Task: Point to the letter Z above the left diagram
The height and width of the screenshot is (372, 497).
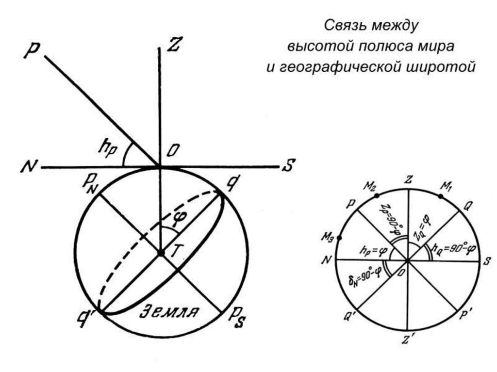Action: point(173,45)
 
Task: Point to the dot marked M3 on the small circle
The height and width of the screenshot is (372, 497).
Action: point(339,238)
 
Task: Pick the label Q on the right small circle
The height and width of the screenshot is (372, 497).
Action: point(467,206)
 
